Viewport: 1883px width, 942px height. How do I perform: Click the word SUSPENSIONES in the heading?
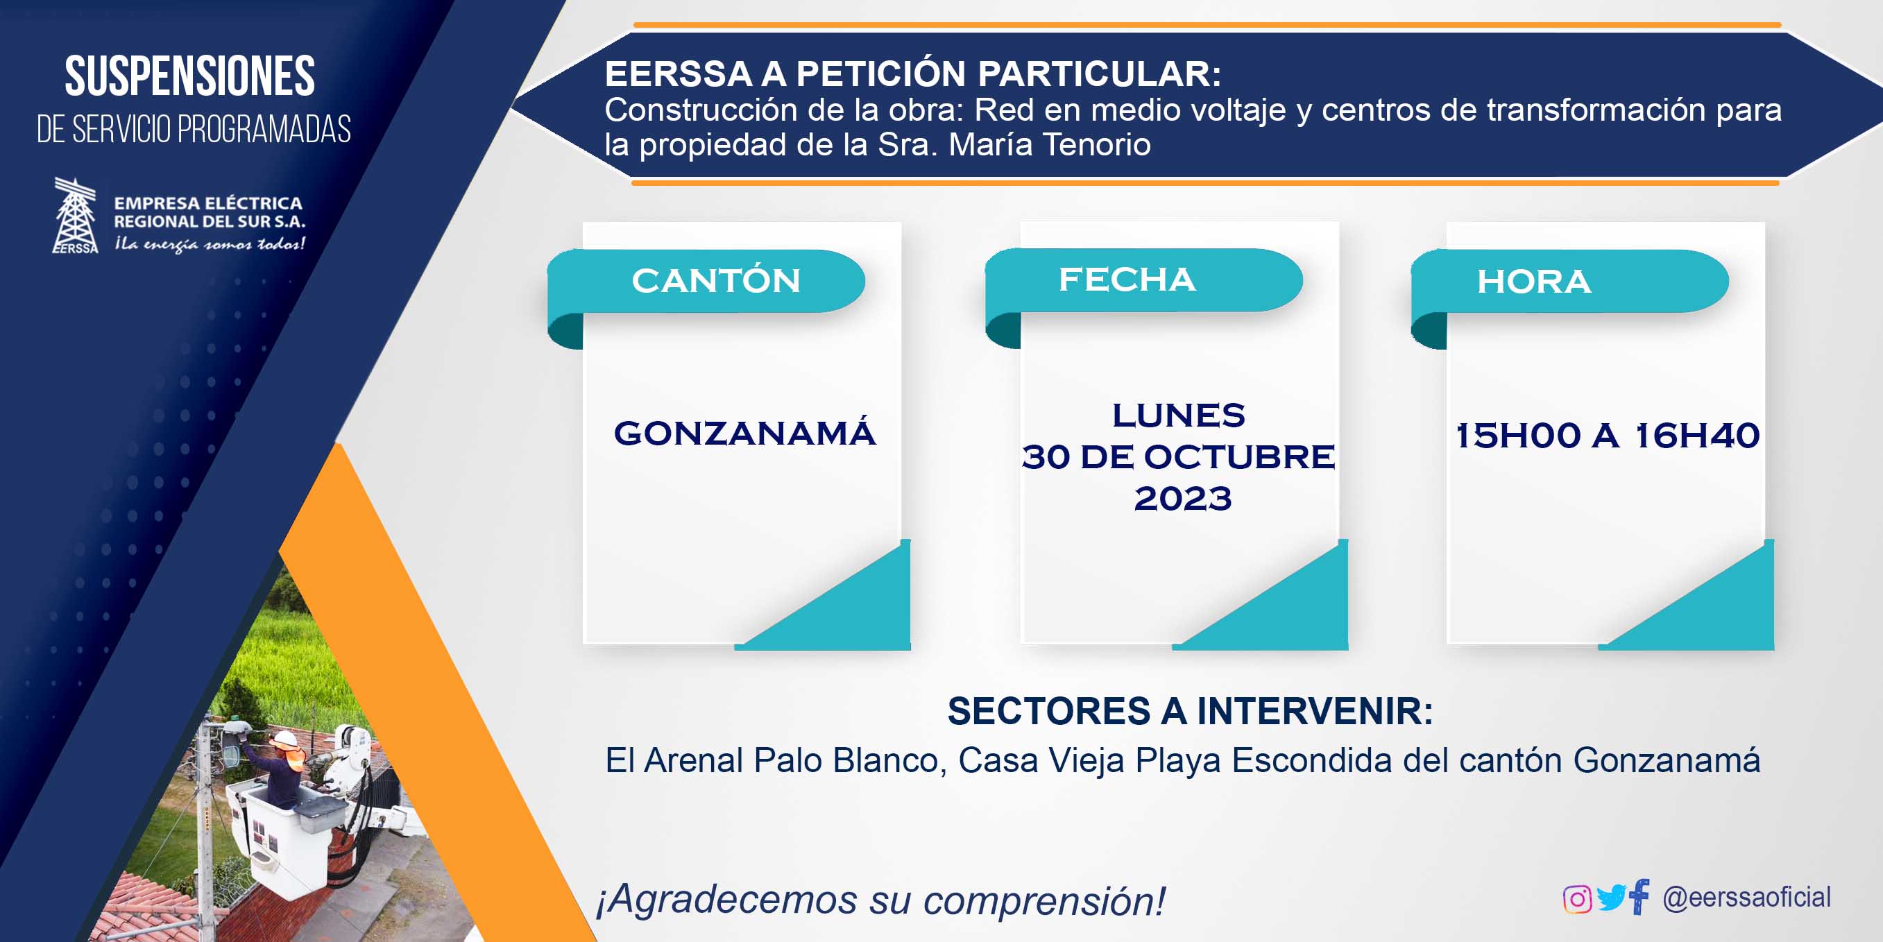(x=189, y=76)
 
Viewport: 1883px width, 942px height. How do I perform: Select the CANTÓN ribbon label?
(x=716, y=281)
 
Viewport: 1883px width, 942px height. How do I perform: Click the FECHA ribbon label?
(x=1127, y=279)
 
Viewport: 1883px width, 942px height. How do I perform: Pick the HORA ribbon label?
(x=1533, y=282)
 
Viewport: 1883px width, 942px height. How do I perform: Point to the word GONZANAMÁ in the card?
(x=744, y=433)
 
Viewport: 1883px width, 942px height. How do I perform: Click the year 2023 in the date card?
(x=1183, y=499)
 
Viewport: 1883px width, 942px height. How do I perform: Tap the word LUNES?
(x=1178, y=415)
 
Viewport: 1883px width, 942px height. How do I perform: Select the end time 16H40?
(x=1696, y=436)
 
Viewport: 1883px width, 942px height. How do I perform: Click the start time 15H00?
(x=1518, y=436)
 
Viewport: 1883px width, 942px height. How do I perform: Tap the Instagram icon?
(x=1577, y=899)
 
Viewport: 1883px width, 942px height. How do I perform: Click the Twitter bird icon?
(x=1611, y=898)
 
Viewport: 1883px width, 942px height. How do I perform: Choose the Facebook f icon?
(x=1639, y=897)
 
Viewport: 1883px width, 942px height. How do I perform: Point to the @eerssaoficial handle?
(x=1746, y=897)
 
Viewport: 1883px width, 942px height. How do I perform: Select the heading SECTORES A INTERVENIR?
(x=1190, y=711)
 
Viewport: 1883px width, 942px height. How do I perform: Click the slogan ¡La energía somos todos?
(x=210, y=244)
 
